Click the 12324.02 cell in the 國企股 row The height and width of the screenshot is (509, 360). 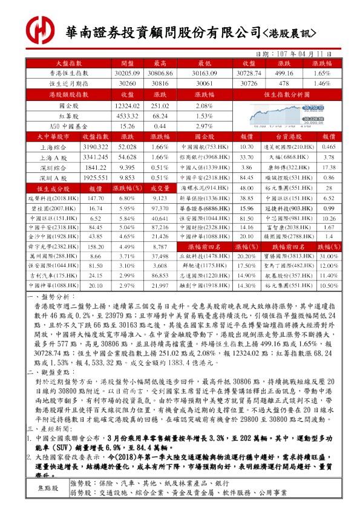tap(127, 105)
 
